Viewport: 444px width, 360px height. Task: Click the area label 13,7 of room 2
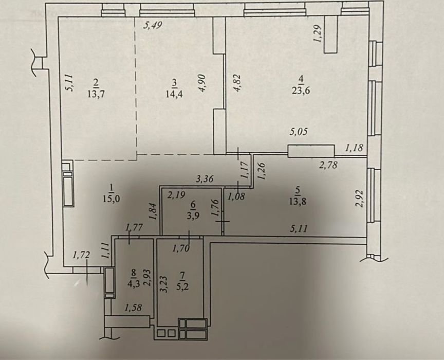[x=96, y=94]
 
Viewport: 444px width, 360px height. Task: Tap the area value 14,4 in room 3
[x=174, y=94]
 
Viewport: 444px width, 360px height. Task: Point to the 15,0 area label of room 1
[x=112, y=198]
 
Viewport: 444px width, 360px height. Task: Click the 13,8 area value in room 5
[x=298, y=202]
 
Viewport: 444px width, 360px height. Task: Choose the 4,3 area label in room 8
[x=134, y=284]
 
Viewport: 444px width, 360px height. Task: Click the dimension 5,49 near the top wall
[x=153, y=26]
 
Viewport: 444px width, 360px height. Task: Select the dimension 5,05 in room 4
[x=298, y=132]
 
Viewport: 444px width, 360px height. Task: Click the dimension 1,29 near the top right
[x=317, y=34]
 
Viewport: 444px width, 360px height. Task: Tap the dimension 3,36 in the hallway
[x=205, y=179]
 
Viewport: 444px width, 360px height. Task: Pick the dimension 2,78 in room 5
[x=328, y=165]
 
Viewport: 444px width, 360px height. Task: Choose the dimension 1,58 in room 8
[x=133, y=308]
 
